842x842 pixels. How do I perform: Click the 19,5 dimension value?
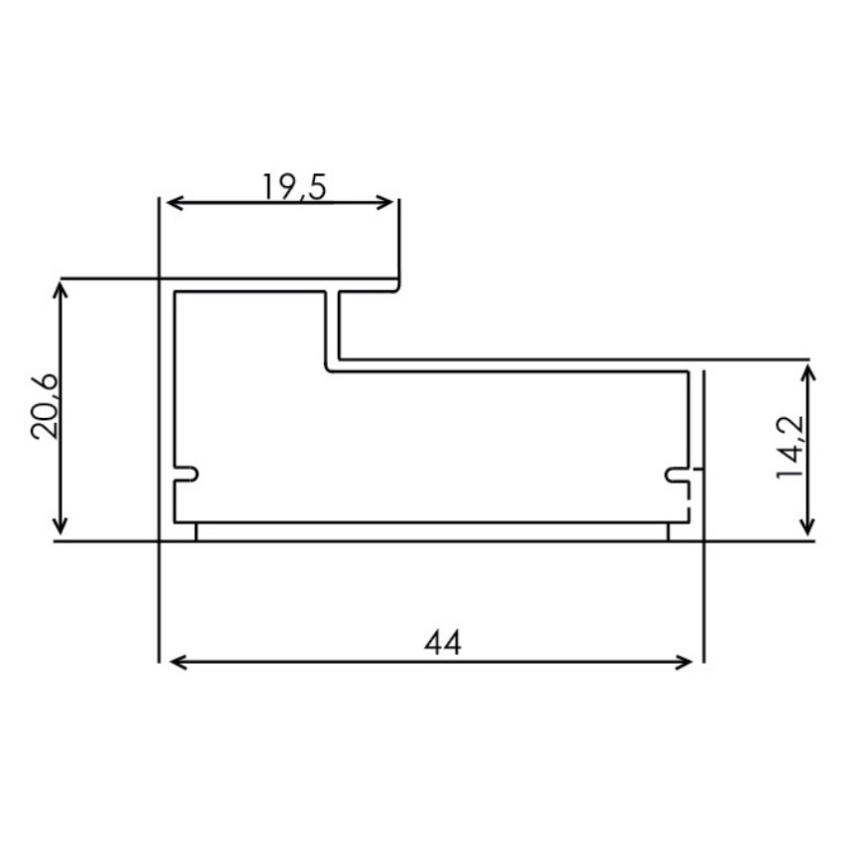294,186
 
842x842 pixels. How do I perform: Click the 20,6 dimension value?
47,408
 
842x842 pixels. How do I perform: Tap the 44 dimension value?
443,643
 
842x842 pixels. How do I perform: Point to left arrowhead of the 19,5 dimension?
171,203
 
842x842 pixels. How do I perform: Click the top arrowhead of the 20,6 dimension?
61,287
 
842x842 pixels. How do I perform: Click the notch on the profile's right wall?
677,475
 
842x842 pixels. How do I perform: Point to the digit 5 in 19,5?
316,186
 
